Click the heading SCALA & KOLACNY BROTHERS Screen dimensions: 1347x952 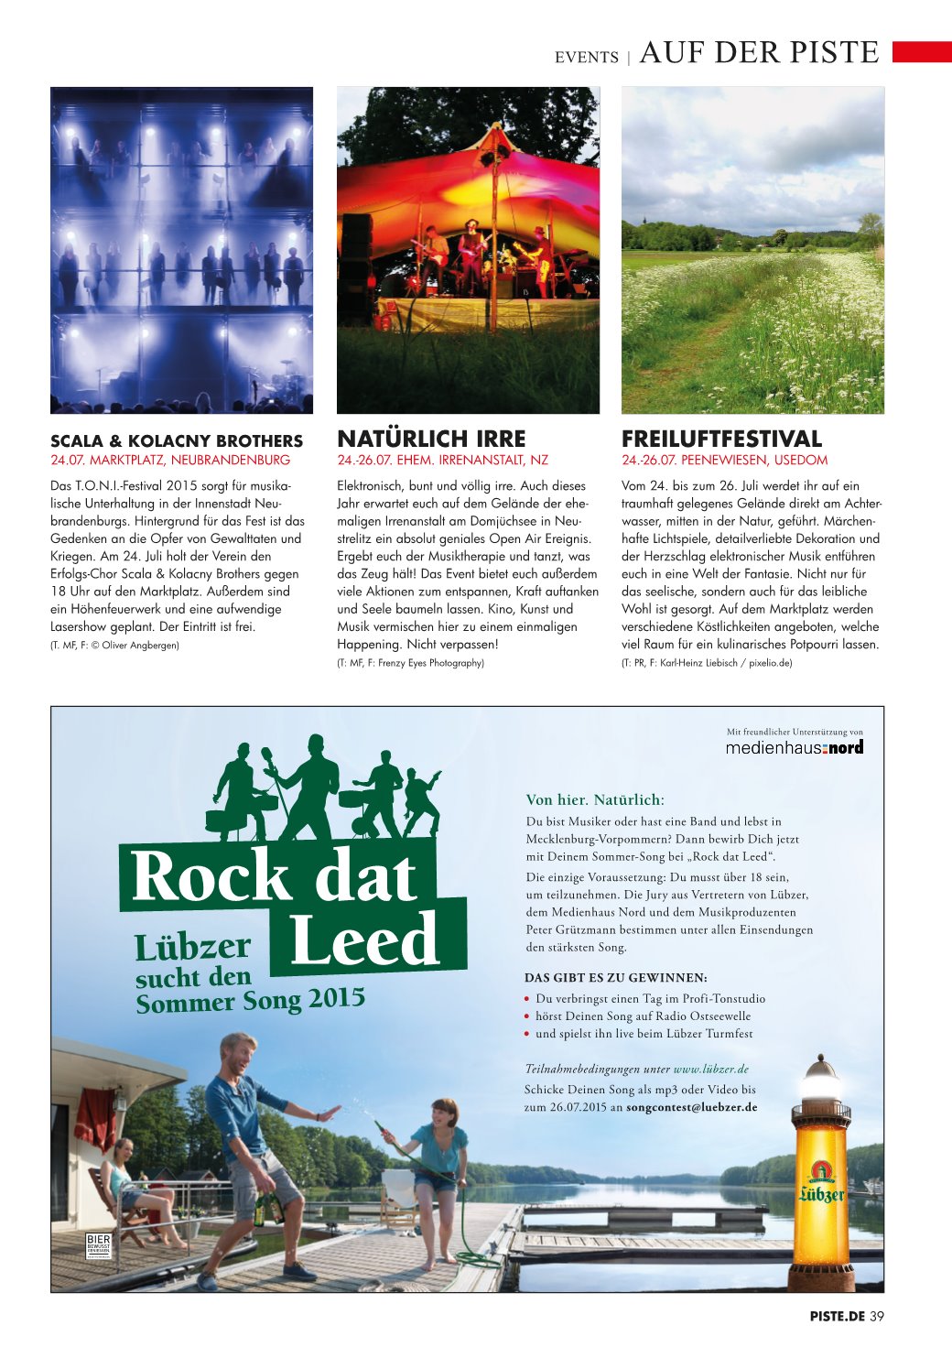tap(176, 440)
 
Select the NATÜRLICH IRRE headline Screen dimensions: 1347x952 tap(431, 439)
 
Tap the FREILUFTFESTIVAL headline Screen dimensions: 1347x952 tap(721, 439)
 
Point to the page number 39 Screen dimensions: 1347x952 tap(877, 1316)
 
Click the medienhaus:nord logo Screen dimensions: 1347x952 tap(794, 747)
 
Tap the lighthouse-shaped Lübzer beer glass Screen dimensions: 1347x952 tap(821, 1172)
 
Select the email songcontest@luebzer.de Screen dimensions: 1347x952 tap(691, 1107)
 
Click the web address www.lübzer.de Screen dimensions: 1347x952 tap(711, 1069)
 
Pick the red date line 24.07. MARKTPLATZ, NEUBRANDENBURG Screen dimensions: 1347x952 tap(170, 460)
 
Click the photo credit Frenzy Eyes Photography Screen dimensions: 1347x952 tap(431, 662)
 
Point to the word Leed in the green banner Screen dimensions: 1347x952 tap(364, 940)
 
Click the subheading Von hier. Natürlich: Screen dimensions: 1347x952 tap(595, 799)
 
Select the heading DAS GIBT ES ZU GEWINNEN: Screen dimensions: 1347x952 tap(615, 977)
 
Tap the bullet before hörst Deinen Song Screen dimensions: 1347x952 tap(527, 1016)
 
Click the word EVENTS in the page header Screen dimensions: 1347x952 tap(586, 57)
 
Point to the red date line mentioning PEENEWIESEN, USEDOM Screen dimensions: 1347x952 tap(724, 460)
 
